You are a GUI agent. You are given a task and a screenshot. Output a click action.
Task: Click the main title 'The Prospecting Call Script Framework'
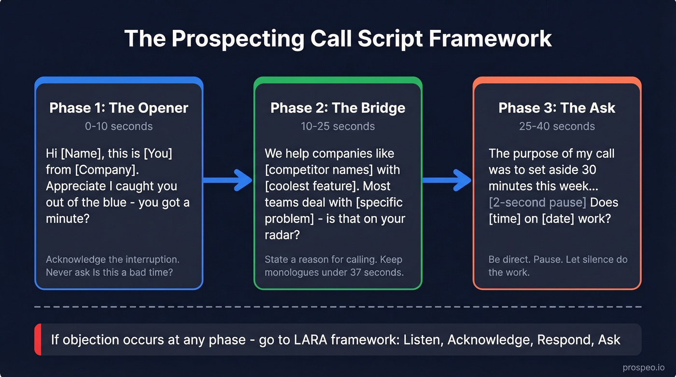click(338, 39)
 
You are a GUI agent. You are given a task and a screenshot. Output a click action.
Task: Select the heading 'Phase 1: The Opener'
click(119, 108)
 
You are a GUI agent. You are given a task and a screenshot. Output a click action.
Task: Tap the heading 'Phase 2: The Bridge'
click(338, 108)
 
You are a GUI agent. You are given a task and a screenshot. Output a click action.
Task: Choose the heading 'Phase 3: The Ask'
click(557, 108)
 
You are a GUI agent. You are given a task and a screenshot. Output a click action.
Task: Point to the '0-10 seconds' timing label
click(119, 126)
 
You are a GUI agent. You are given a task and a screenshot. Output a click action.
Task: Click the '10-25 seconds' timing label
click(338, 126)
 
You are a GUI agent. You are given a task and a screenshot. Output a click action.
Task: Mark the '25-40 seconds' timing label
click(557, 126)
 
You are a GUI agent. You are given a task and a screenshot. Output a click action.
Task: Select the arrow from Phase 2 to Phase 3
click(447, 180)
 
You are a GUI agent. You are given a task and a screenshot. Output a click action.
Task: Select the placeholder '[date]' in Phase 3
click(558, 219)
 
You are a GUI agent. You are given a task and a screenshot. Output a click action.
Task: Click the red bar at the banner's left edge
click(37, 339)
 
